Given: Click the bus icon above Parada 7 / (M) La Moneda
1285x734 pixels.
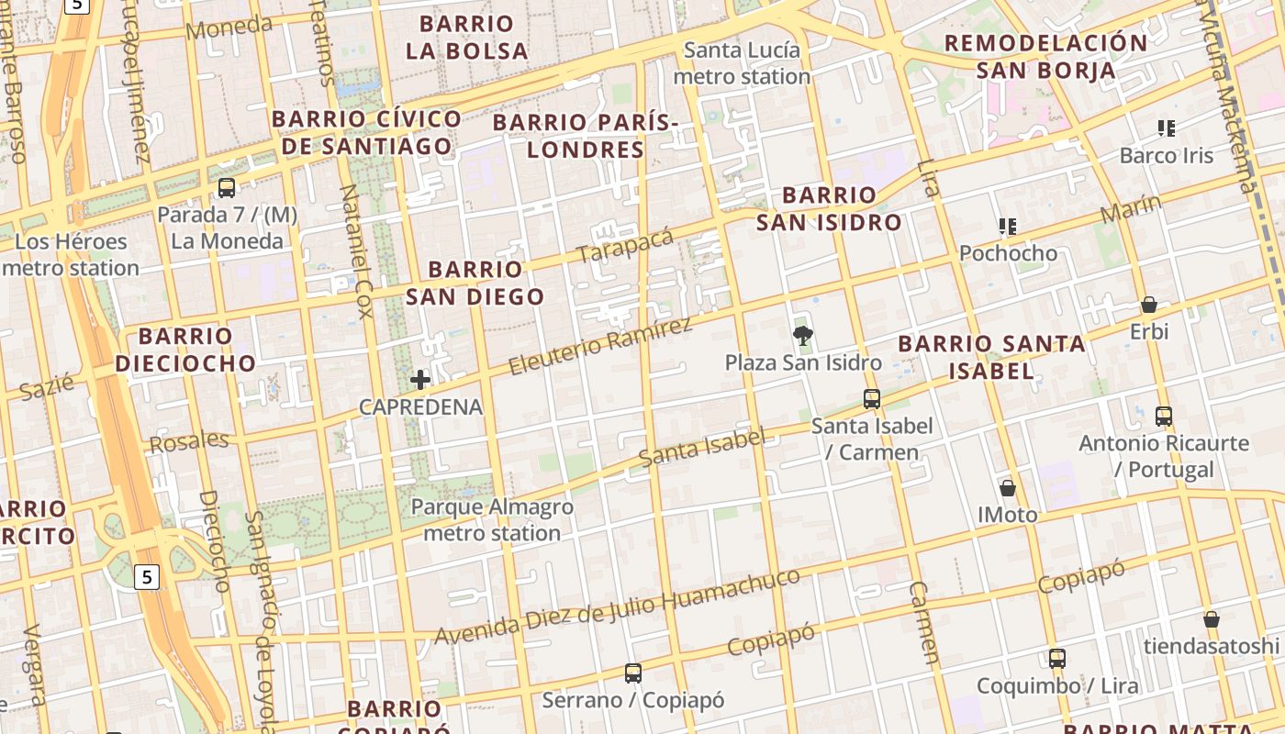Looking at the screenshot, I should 227,188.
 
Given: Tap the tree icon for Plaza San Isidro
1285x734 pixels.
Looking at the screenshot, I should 803,336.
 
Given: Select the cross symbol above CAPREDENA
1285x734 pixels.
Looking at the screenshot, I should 420,379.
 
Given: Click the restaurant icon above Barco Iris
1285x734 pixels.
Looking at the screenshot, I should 1167,128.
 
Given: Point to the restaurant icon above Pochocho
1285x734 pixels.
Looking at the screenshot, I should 1008,226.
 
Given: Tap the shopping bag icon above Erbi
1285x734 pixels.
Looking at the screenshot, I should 1148,305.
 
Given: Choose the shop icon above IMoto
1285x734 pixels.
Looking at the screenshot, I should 1008,488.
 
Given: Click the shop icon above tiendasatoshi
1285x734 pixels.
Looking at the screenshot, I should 1211,619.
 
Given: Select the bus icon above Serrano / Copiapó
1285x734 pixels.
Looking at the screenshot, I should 632,673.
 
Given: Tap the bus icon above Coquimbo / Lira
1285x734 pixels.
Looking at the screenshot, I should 1057,659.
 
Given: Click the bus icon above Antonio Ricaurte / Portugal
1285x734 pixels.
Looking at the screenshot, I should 1164,417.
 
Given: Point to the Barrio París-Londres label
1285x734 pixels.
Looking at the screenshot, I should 586,135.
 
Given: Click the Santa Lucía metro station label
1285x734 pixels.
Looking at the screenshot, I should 742,63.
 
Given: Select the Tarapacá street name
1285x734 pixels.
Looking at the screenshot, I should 625,245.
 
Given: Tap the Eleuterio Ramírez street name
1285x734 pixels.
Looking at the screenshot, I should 599,347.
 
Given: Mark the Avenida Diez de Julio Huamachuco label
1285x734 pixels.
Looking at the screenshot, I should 617,606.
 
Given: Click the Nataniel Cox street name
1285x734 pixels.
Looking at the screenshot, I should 354,250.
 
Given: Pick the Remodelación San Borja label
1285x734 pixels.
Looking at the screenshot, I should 1045,56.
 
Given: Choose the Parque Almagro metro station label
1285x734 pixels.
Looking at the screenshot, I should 492,519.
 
